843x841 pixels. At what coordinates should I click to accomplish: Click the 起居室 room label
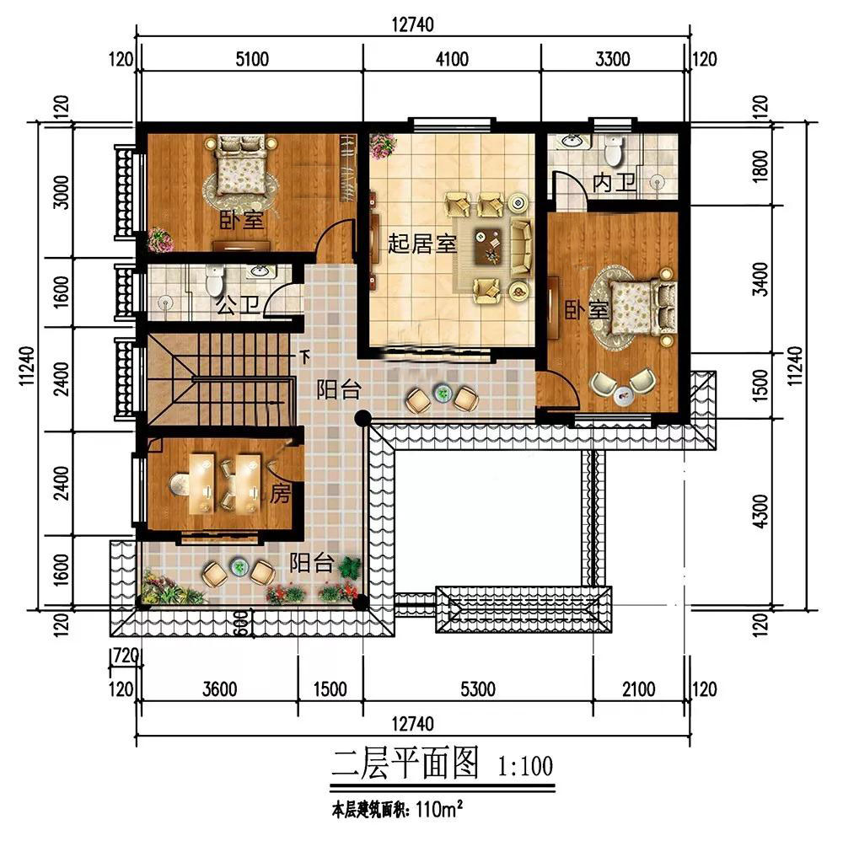pos(422,244)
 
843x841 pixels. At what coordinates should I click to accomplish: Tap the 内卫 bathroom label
pos(615,183)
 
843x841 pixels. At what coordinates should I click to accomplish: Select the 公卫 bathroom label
pos(239,306)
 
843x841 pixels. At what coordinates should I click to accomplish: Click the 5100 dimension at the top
pos(252,59)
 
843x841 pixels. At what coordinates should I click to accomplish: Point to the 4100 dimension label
pos(452,59)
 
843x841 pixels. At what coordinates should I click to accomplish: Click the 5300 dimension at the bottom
pos(478,689)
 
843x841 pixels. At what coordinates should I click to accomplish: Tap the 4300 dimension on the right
pos(760,511)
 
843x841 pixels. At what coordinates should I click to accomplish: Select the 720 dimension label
pos(125,656)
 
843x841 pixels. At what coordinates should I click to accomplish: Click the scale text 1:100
pos(525,766)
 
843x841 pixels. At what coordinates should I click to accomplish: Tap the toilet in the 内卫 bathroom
pos(613,150)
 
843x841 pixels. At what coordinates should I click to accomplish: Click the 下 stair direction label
pos(305,356)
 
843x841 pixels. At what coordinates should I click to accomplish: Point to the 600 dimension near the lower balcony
pos(242,623)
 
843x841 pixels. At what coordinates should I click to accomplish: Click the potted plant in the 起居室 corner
pos(384,146)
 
